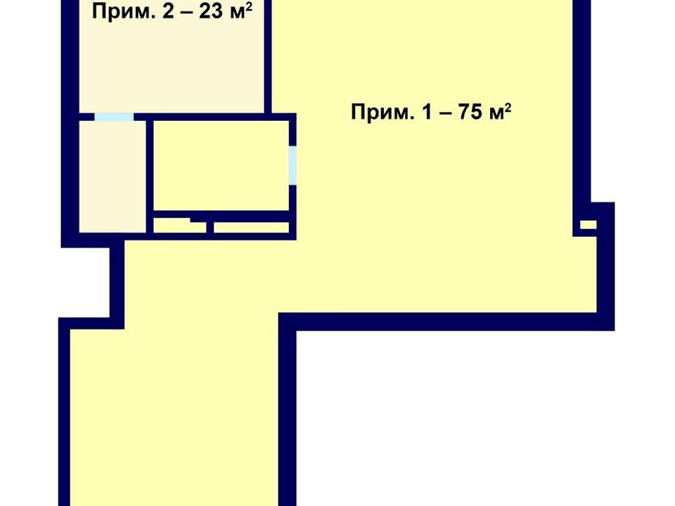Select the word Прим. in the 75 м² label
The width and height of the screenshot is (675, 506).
tap(381, 112)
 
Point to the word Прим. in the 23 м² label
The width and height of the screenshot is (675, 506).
tap(122, 12)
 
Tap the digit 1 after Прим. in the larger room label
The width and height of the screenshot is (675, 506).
tap(427, 112)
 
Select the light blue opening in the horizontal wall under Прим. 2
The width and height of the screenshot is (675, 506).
tap(114, 117)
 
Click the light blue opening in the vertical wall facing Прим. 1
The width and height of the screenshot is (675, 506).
tap(292, 166)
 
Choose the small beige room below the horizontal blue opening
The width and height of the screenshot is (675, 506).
tap(112, 176)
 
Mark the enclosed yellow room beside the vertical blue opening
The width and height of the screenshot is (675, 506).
tap(221, 165)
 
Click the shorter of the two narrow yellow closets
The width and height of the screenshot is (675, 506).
tap(179, 226)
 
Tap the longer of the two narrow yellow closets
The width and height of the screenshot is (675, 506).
tap(252, 228)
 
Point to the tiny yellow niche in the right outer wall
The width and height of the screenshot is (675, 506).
tap(588, 225)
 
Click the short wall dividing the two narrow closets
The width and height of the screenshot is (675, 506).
tap(210, 227)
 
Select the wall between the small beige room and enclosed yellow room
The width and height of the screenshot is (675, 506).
tap(150, 176)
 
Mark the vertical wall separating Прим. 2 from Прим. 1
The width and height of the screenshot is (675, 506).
tap(268, 56)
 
